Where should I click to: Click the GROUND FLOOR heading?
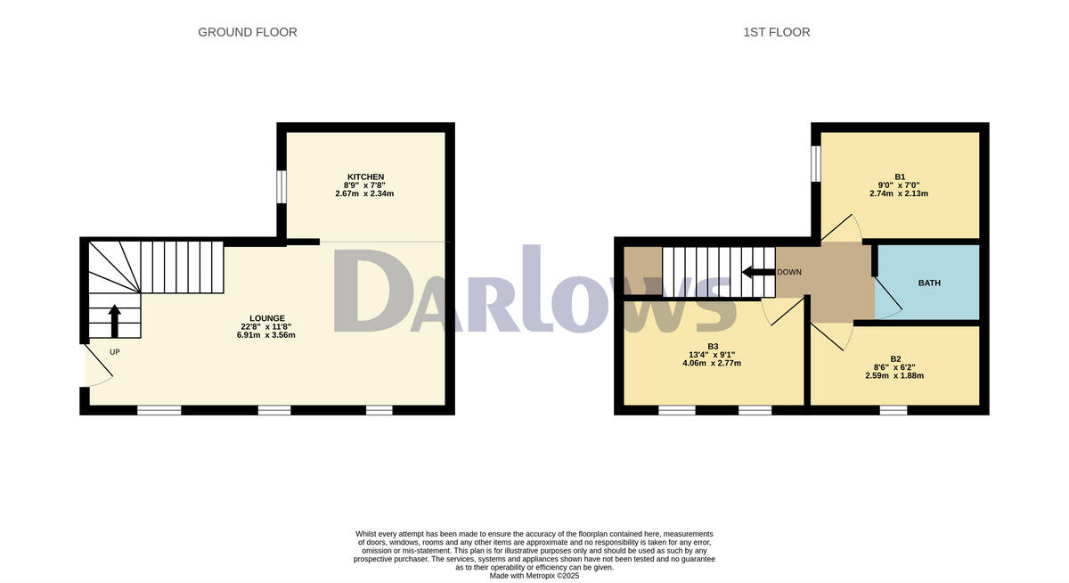[247, 32]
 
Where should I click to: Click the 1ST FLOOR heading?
[776, 32]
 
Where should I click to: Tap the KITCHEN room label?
[365, 177]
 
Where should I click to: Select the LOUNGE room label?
[267, 318]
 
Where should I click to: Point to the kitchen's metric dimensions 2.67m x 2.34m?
[364, 193]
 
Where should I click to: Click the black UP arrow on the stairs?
[114, 321]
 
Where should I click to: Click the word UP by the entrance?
[114, 352]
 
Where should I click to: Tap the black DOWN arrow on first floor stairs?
[757, 272]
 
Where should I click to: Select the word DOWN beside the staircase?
[789, 272]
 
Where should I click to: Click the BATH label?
[929, 283]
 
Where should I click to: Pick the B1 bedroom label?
[900, 177]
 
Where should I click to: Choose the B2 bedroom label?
[894, 357]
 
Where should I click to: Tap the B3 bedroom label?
[713, 346]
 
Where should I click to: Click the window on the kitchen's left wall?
[282, 186]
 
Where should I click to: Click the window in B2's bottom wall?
[894, 410]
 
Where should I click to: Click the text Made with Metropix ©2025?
[534, 576]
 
